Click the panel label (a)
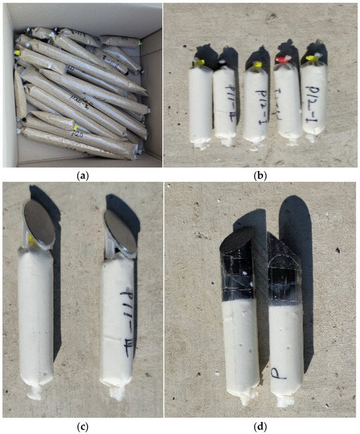click(81, 176)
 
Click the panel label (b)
click(261, 176)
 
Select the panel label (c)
click(81, 427)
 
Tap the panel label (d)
click(261, 427)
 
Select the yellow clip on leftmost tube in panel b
click(195, 63)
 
